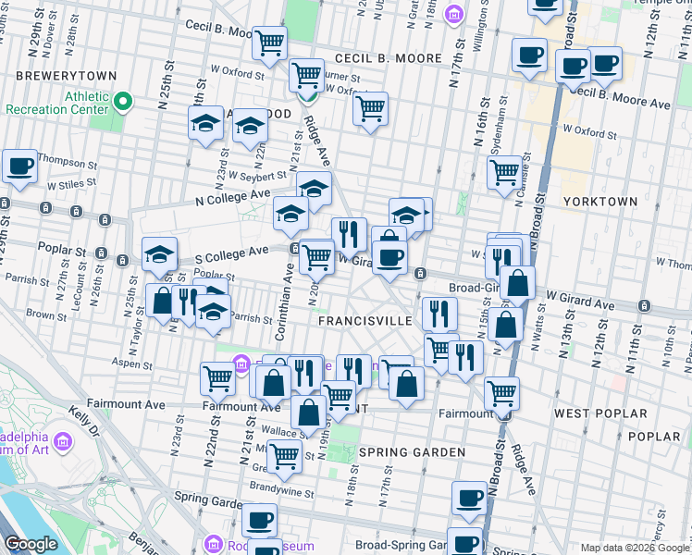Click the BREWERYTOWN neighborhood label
tap(52, 75)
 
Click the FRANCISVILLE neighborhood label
tap(365, 320)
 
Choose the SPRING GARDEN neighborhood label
tap(399, 452)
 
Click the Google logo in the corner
tap(31, 544)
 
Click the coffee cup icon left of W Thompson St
tap(19, 167)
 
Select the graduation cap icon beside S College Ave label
tap(159, 255)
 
